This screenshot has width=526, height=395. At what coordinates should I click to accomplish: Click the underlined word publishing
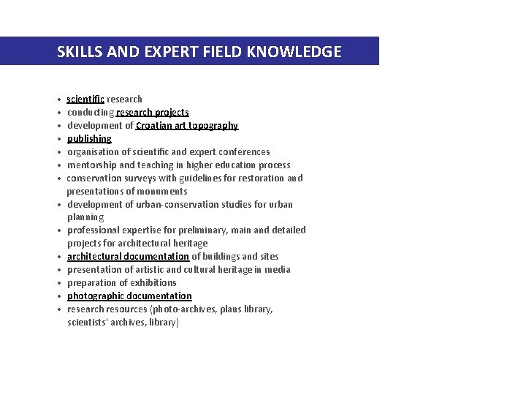pos(89,139)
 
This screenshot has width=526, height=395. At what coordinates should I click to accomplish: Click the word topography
pos(213,126)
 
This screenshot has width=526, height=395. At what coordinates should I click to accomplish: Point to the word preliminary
pos(199,230)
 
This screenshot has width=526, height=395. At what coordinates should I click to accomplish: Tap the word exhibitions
pos(152,283)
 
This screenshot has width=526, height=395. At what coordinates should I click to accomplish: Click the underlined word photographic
pos(96,296)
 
